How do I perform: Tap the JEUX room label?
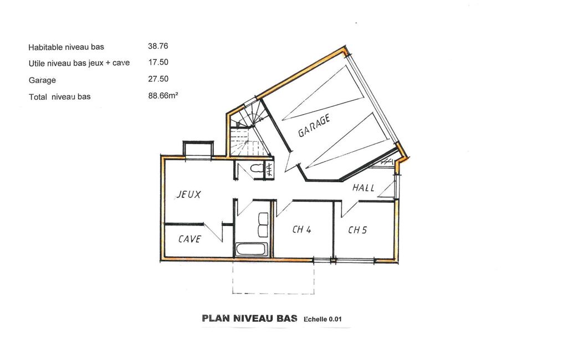tap(188, 194)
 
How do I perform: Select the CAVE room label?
tap(190, 239)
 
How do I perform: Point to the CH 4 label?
tap(302, 229)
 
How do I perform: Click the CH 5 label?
tap(357, 230)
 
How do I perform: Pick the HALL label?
tap(364, 188)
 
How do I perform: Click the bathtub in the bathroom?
tap(252, 249)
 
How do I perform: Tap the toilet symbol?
tap(257, 168)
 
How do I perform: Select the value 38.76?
tap(158, 46)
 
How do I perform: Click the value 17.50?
tap(158, 62)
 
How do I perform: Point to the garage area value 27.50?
tap(158, 79)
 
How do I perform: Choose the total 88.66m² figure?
tap(163, 96)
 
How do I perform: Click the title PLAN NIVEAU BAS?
tap(249, 318)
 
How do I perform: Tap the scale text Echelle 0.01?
tap(323, 319)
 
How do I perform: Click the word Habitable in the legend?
tap(45, 47)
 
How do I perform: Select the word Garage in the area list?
tap(42, 80)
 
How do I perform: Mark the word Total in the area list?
tap(38, 97)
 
